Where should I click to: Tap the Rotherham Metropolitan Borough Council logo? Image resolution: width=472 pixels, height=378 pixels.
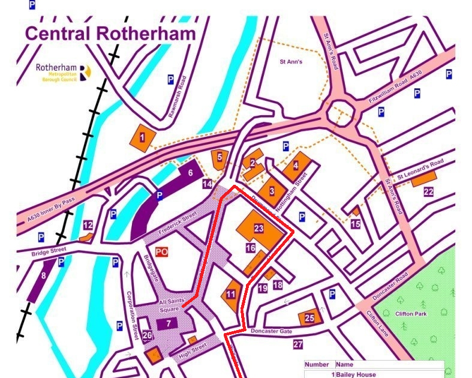pos(64,73)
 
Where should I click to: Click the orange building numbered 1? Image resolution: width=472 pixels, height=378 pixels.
pos(142,137)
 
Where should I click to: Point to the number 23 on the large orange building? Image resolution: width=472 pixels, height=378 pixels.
pos(258,228)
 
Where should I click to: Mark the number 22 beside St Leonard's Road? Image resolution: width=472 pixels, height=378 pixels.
pos(428,192)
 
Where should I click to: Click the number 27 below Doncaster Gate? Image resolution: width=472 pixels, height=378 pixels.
pos(298,344)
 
